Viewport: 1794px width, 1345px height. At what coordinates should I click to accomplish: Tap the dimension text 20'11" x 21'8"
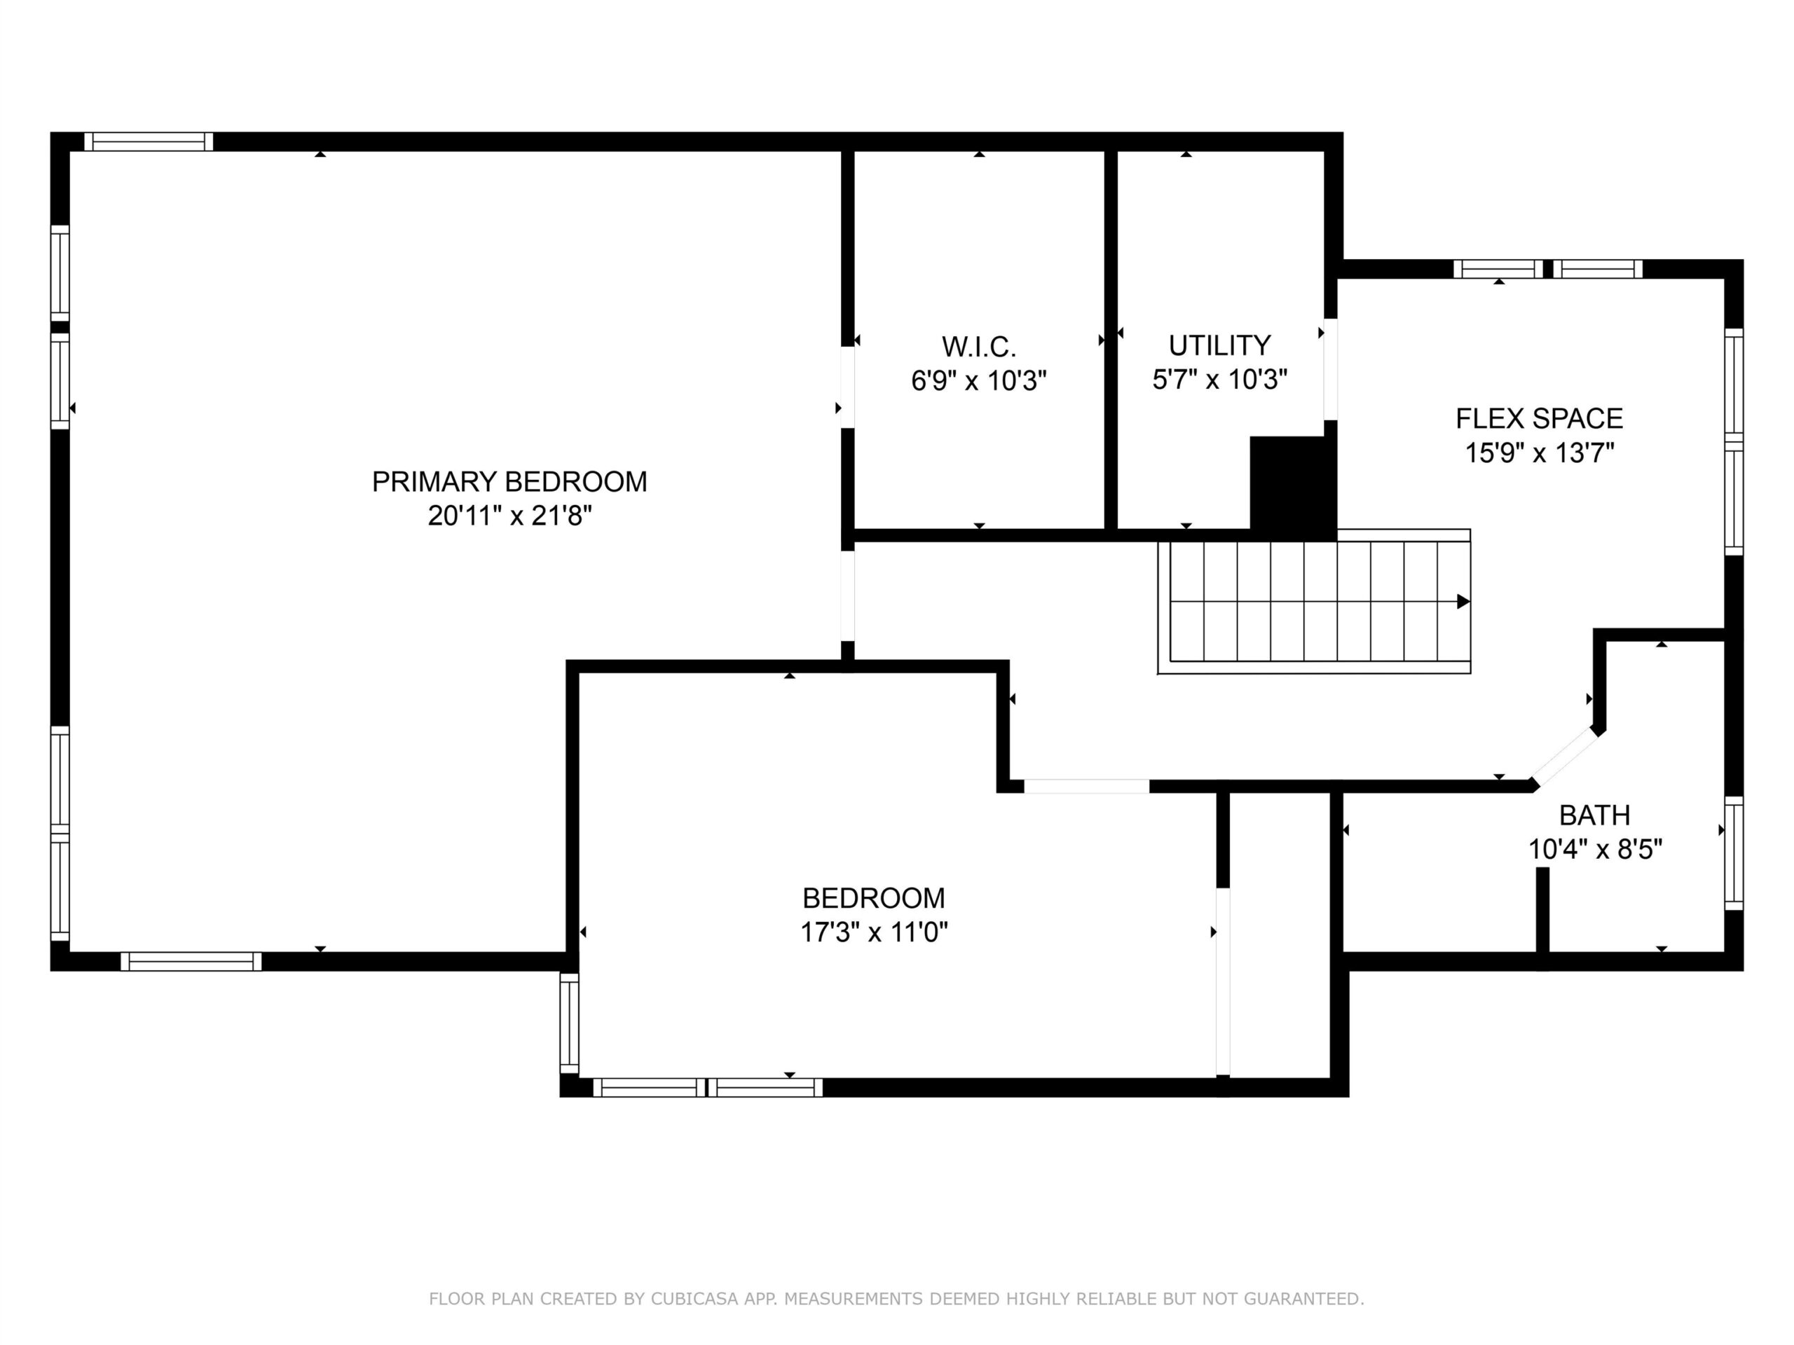510,516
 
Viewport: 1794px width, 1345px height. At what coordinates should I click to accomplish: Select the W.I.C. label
979,347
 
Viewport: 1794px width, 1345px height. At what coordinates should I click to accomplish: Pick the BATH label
1594,815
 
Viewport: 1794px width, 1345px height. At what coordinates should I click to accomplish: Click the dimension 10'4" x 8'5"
1595,849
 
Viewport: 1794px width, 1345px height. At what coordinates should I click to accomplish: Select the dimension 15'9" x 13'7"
1540,453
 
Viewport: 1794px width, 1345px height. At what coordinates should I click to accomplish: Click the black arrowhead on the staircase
1463,602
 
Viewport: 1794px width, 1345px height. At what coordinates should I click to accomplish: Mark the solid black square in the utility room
1293,489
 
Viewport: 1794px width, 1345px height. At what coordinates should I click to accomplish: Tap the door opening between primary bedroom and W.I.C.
847,387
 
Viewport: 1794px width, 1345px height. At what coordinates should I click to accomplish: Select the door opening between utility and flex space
1330,369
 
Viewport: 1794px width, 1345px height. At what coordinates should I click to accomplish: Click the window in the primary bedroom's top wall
149,142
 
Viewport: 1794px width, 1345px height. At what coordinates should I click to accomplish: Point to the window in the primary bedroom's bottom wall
191,962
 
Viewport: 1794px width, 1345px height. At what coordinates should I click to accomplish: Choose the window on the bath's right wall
1733,854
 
